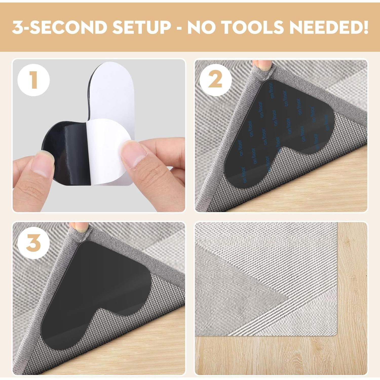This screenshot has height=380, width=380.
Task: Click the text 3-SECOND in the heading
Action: [x=60, y=27]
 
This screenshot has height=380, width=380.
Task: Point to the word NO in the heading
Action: [x=203, y=27]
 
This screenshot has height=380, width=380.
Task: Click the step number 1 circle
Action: [x=33, y=80]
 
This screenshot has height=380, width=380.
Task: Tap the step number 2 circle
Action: [x=216, y=80]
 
